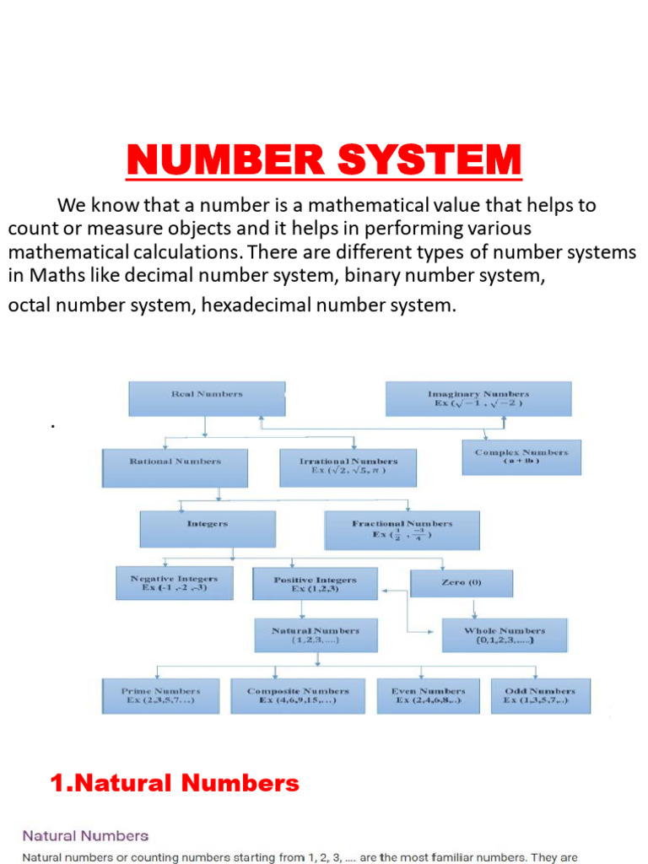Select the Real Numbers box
click(207, 398)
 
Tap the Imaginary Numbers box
click(478, 398)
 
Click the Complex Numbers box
click(521, 456)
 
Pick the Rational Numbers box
click(175, 467)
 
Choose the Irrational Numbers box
click(348, 467)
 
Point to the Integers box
click(208, 530)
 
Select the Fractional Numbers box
click(402, 530)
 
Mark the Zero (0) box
click(462, 583)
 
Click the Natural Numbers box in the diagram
click(316, 635)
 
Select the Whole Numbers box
click(505, 635)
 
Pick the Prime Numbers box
click(160, 696)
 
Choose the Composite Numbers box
click(298, 696)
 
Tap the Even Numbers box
click(428, 696)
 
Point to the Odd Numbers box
click(540, 696)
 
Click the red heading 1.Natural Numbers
click(175, 784)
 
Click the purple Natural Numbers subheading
click(85, 836)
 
